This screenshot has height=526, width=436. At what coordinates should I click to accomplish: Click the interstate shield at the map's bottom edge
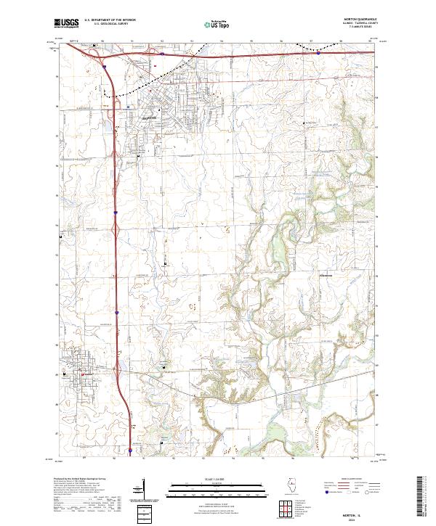[x=130, y=451]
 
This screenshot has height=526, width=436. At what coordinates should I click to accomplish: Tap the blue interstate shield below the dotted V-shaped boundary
[x=318, y=52]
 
